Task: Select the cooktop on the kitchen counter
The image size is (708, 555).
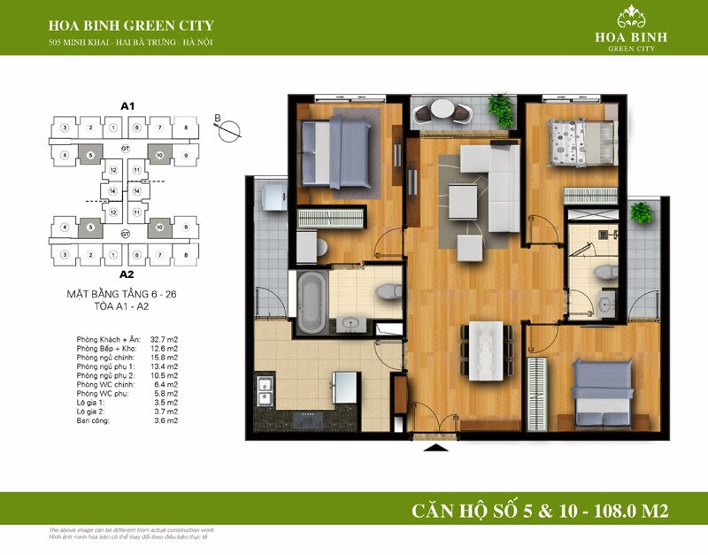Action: click(306, 414)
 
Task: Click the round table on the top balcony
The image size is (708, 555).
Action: click(442, 112)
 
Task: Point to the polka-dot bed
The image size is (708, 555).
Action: click(580, 142)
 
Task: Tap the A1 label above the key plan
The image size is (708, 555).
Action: click(127, 105)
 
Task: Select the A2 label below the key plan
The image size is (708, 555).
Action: click(126, 274)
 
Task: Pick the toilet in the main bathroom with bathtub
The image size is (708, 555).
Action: click(387, 291)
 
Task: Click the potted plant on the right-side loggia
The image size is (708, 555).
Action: click(639, 213)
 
